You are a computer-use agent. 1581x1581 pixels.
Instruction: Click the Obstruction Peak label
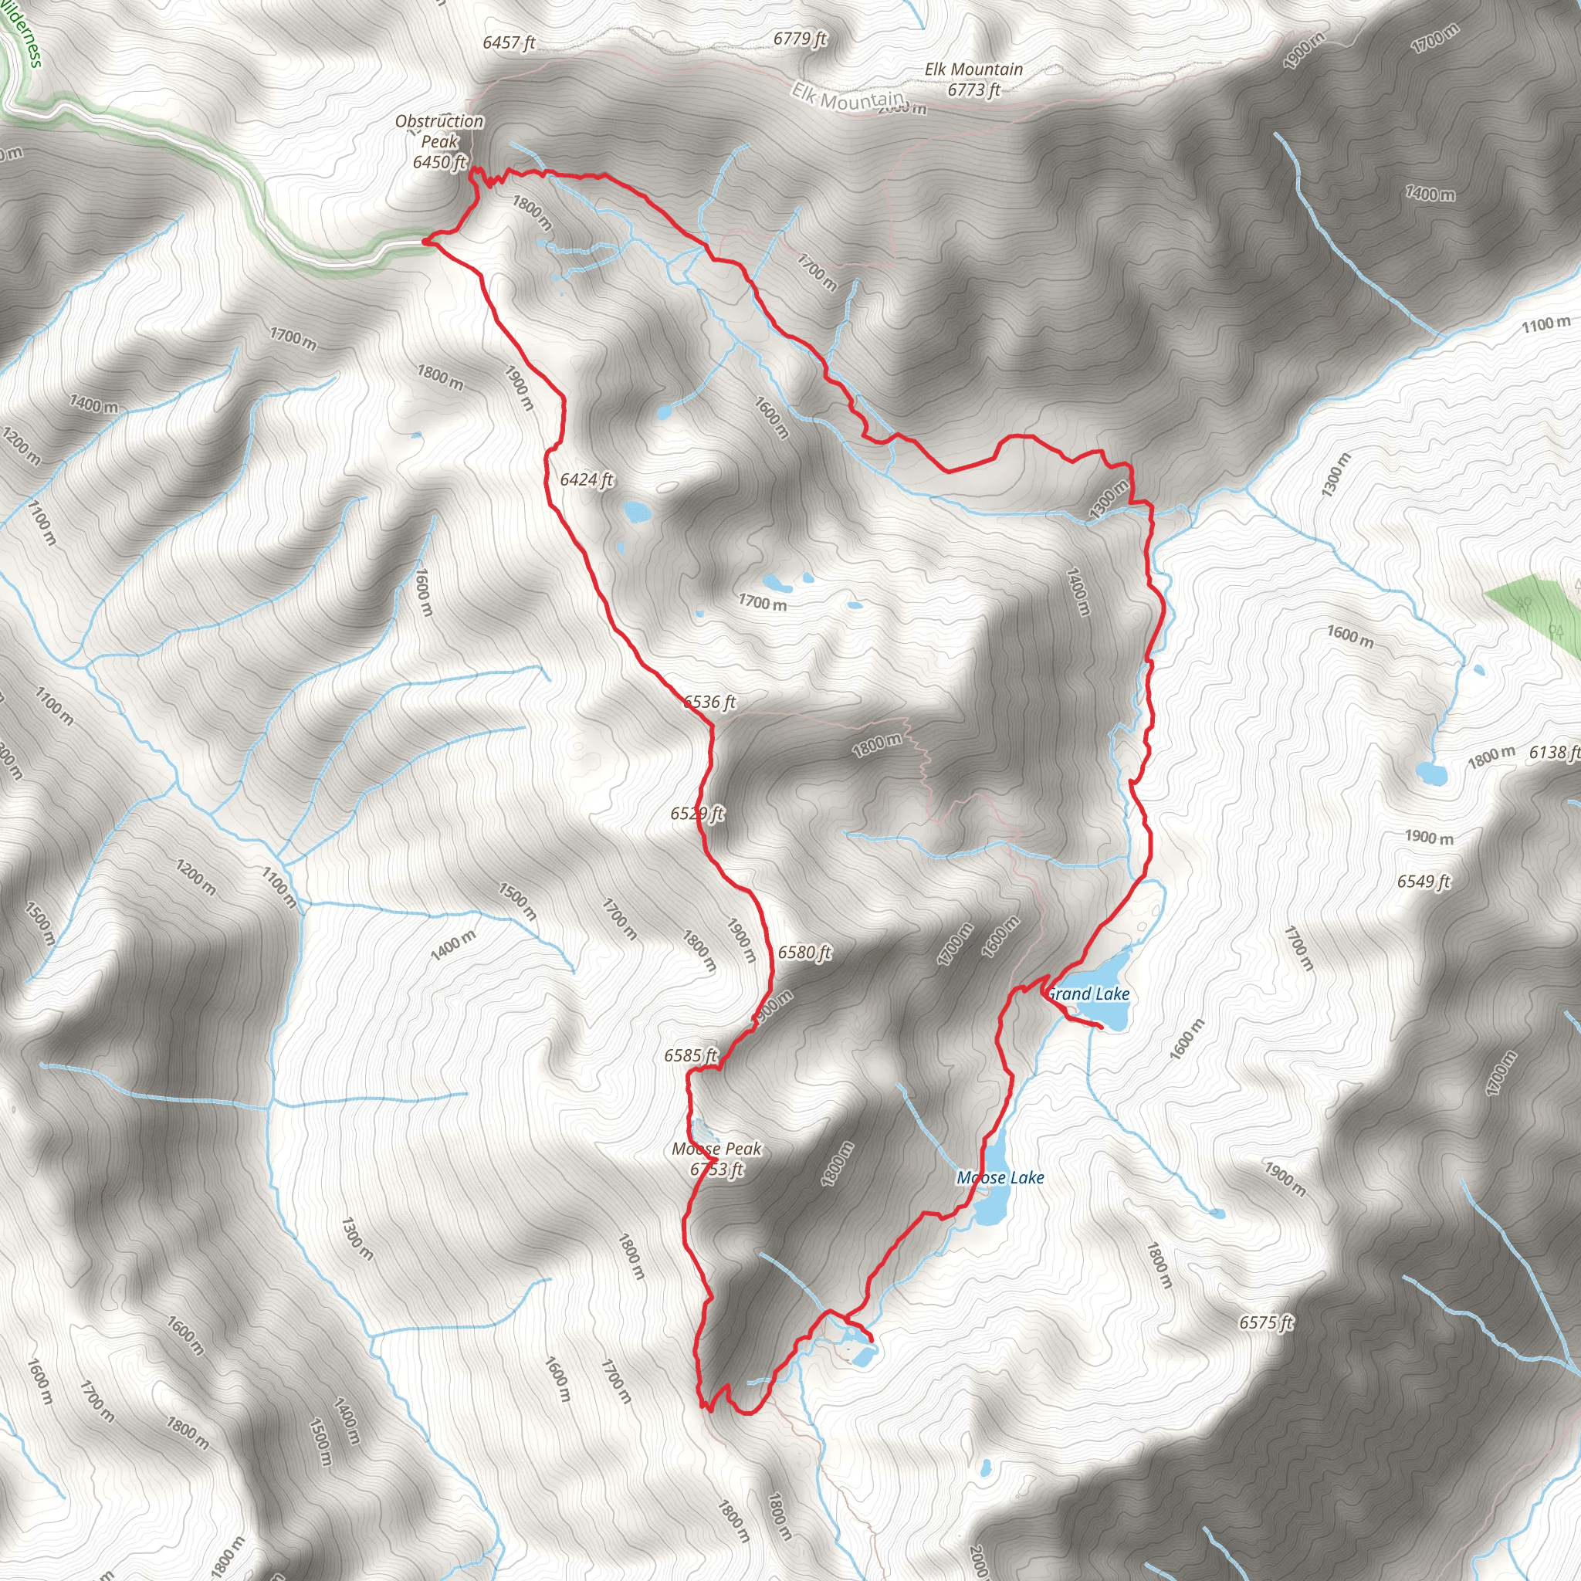439,141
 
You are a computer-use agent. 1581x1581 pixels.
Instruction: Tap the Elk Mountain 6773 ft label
973,80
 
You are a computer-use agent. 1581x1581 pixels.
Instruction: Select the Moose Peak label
717,1159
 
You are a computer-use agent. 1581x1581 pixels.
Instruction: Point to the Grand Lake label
1088,994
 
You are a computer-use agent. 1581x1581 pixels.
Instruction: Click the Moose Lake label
1000,1177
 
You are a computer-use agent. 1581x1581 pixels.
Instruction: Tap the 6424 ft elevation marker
586,479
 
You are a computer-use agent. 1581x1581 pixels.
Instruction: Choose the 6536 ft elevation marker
709,702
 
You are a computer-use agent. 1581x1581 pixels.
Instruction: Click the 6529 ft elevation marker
697,814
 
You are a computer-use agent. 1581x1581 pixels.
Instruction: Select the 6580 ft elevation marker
804,953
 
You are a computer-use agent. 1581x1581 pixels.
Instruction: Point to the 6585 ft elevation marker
691,1055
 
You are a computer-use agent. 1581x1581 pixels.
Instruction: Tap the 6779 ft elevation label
800,39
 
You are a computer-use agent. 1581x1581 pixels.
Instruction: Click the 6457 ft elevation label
508,42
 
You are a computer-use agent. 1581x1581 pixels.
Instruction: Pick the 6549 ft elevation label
1423,882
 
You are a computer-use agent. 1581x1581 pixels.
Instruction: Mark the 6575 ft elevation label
1266,1322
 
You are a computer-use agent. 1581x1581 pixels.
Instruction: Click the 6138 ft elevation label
1554,752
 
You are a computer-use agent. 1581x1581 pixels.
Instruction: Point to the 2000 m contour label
979,1559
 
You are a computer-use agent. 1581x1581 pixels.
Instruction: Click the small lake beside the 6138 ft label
1431,772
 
